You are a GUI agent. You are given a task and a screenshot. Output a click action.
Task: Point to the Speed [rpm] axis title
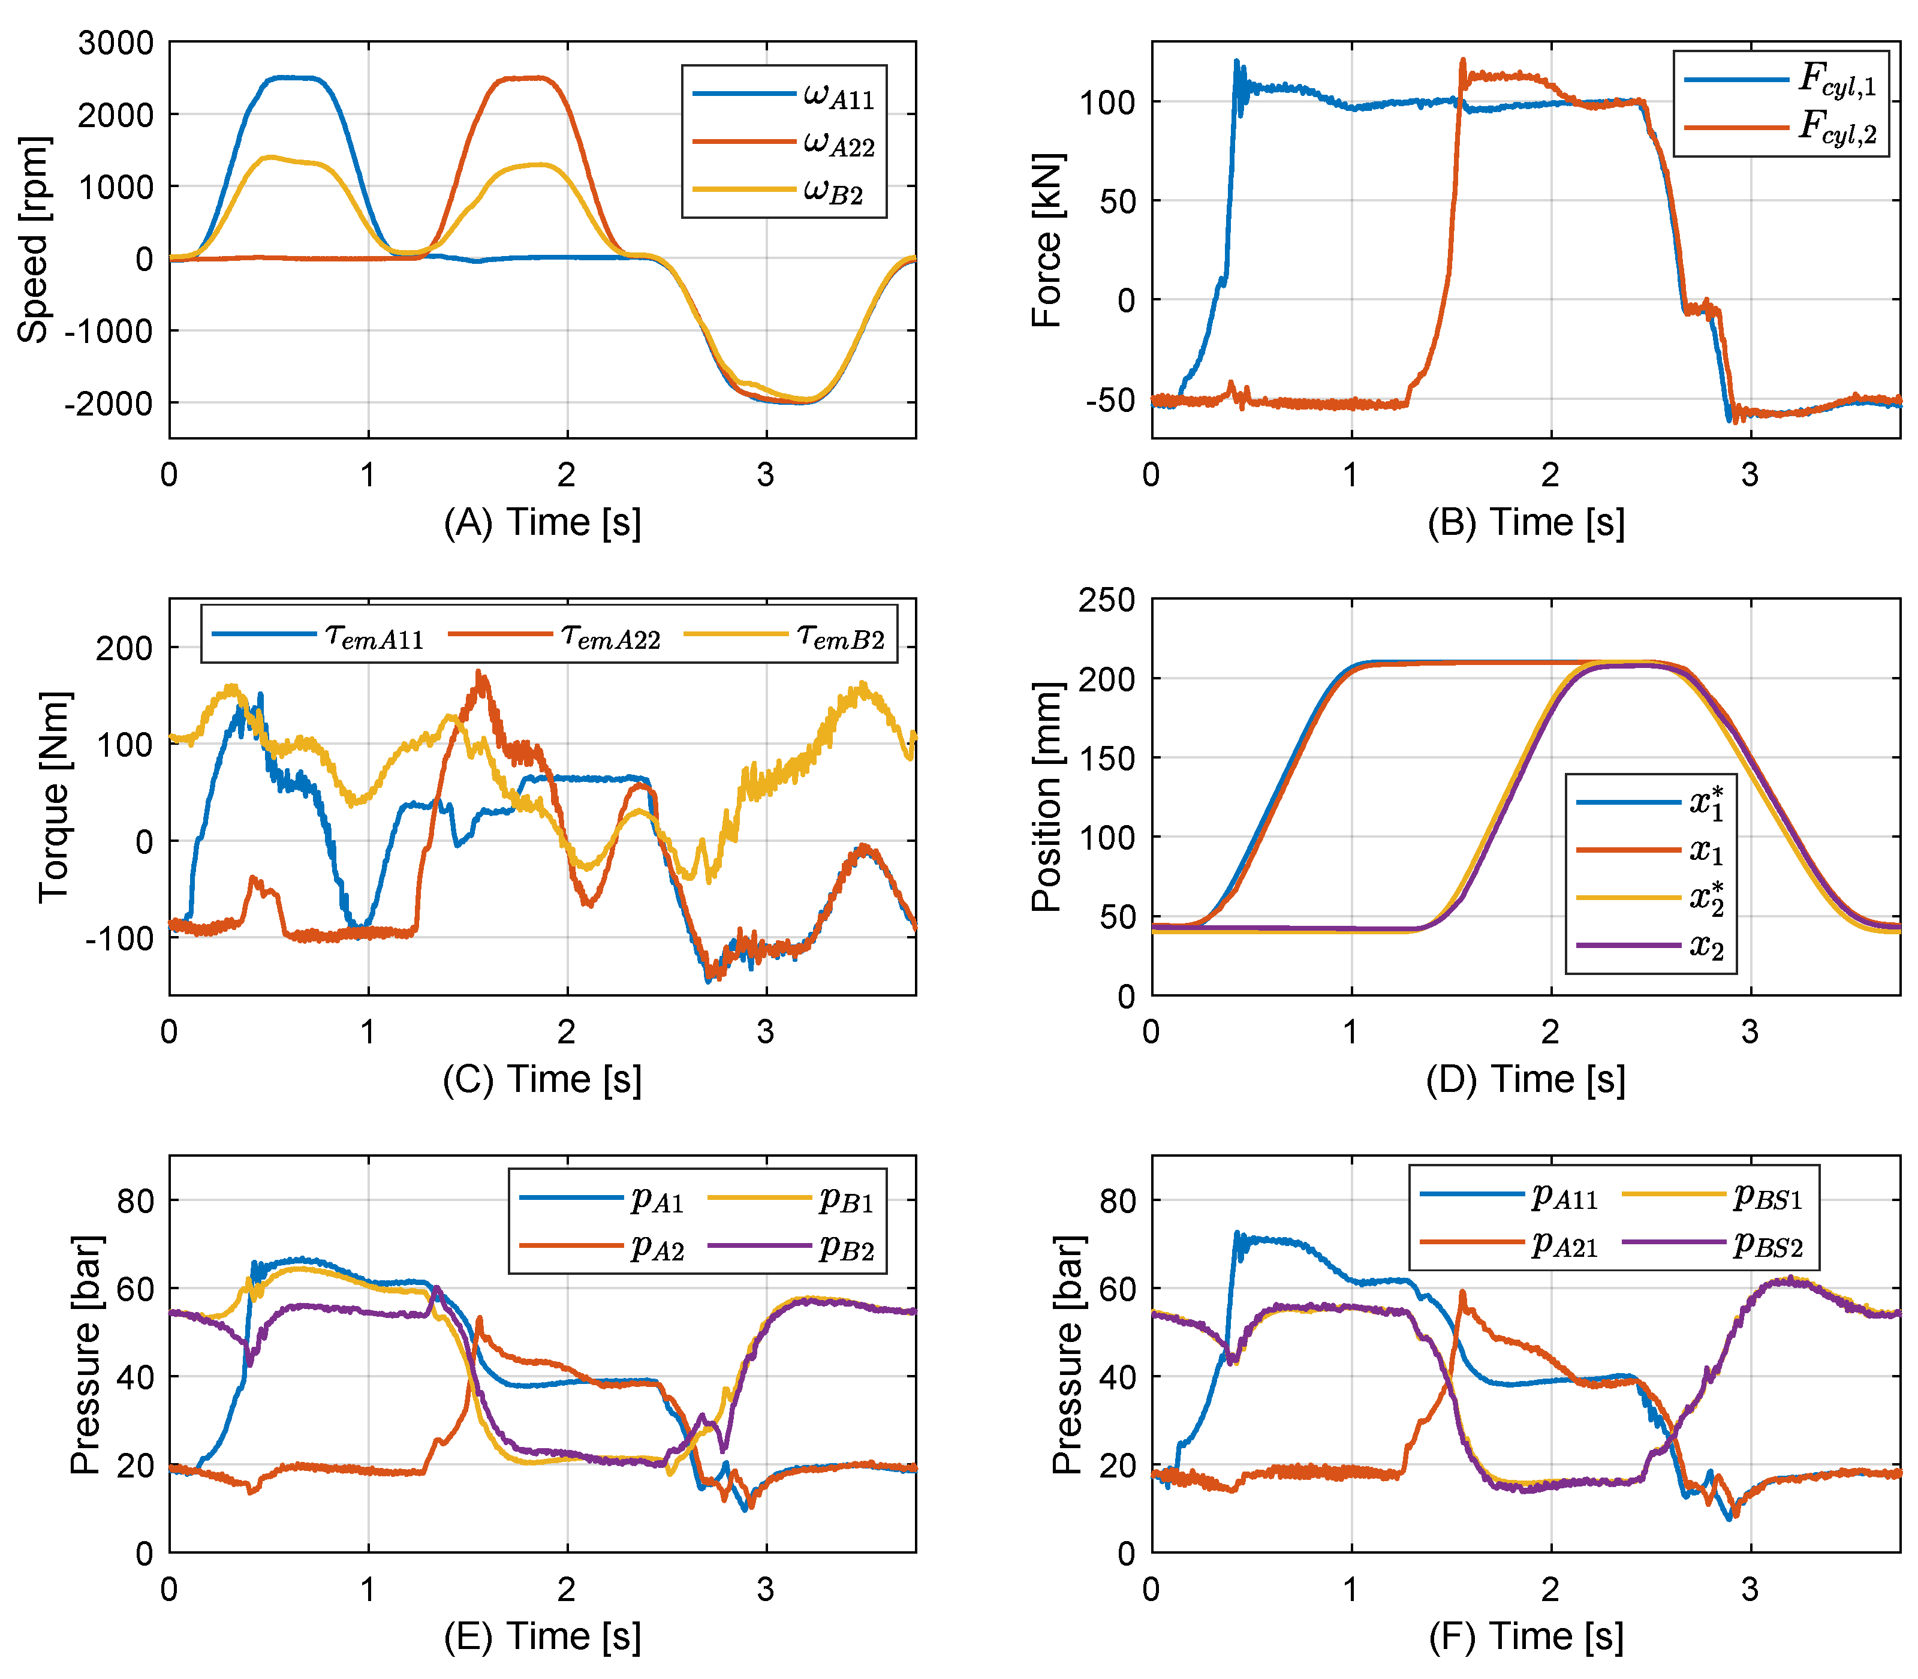pyautogui.click(x=33, y=240)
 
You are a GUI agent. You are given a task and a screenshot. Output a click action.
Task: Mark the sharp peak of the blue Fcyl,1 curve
pyautogui.click(x=1236, y=62)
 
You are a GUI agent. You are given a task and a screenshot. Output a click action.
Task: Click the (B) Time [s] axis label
pyautogui.click(x=1525, y=522)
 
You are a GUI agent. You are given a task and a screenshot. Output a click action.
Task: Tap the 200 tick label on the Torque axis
pyautogui.click(x=125, y=648)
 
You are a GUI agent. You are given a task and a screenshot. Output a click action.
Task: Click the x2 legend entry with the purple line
pyautogui.click(x=1651, y=946)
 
